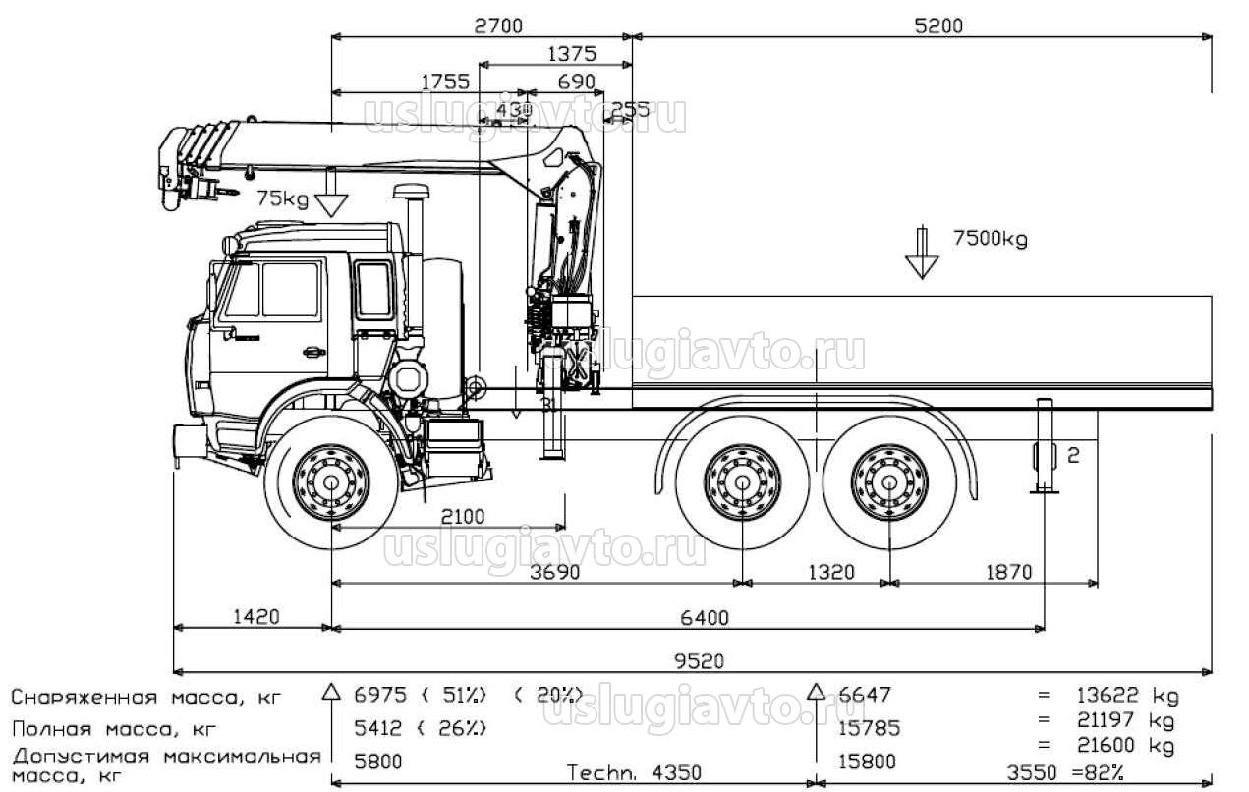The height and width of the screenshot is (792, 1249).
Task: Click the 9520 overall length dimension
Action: coord(701,661)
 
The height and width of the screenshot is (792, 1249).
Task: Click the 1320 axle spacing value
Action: coord(831,572)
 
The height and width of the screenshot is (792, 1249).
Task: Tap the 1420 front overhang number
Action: coord(255,617)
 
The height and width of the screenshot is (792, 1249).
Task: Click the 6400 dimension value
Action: coord(705,617)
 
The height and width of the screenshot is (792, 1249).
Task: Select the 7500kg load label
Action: coord(990,239)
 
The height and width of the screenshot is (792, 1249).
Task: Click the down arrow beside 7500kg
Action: coord(922,253)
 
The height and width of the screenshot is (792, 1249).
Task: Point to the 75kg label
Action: coord(282,199)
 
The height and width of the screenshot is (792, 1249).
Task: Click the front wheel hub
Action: coord(330,482)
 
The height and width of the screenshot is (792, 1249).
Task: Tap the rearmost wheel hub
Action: coord(889,482)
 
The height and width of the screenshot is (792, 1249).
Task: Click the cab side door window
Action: coord(290,290)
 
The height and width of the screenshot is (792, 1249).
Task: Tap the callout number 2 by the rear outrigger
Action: coord(1073,454)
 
